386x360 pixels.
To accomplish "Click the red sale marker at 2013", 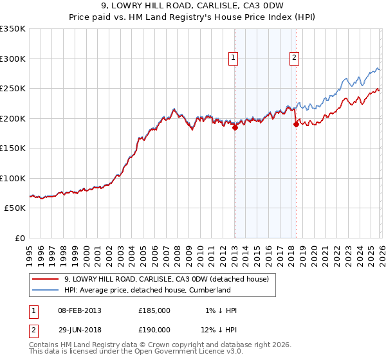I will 235,127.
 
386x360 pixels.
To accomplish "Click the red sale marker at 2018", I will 296,124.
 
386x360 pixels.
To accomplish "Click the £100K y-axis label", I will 13,179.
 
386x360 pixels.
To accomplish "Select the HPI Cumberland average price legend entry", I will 147,291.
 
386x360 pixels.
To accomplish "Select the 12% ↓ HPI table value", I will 219,330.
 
